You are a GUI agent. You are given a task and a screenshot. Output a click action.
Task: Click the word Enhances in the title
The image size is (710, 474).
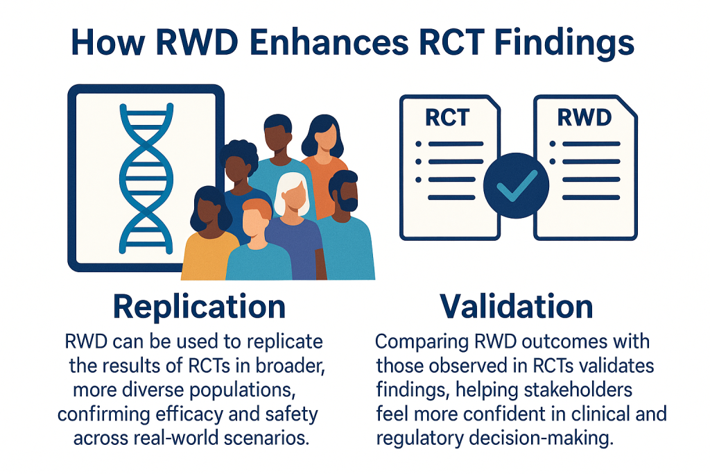(329, 42)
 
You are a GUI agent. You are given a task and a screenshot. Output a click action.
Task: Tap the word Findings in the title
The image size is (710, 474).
(564, 44)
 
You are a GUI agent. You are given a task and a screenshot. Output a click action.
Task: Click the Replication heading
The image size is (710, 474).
(199, 307)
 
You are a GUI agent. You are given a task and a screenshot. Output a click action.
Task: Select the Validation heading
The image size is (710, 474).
(516, 306)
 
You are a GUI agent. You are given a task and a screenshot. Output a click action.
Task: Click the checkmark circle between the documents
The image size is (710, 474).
(516, 185)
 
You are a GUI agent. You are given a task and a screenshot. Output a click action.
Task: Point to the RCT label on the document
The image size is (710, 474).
(447, 118)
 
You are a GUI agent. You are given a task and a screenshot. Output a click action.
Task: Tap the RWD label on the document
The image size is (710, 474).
(584, 117)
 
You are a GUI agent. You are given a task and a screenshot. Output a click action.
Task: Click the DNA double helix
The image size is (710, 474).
(146, 178)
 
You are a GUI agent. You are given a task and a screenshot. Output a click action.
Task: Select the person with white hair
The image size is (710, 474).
(293, 226)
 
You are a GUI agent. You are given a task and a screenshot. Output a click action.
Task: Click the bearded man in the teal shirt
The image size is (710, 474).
(347, 226)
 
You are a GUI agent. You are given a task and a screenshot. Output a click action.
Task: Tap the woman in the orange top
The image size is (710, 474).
(323, 163)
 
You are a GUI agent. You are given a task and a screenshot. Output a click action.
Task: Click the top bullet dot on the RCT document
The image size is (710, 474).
(418, 144)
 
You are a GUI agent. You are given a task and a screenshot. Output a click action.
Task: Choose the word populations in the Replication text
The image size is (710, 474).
(242, 391)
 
